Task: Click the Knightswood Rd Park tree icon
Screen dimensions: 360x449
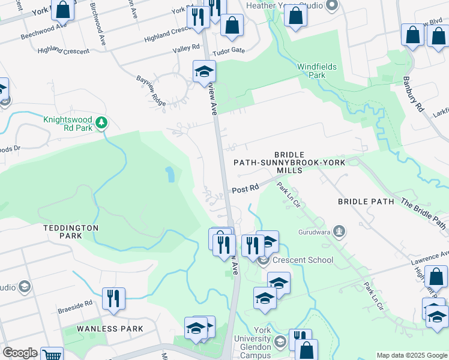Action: [101, 123]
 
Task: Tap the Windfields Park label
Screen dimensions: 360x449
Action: [317, 71]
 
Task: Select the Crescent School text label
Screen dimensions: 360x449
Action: [303, 260]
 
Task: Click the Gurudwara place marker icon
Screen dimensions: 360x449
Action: [339, 231]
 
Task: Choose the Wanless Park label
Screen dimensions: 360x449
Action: [110, 329]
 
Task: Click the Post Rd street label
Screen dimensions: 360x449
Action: [245, 188]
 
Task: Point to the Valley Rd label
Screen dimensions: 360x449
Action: [185, 48]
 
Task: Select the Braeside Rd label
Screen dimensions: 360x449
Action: [75, 303]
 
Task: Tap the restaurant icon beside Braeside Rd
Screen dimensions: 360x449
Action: [113, 298]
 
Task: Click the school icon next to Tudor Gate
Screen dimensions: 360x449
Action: [204, 71]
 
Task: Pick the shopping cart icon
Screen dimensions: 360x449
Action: [52, 355]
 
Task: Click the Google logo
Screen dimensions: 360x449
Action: [19, 353]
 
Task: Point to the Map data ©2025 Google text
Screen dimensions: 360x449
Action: [411, 355]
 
